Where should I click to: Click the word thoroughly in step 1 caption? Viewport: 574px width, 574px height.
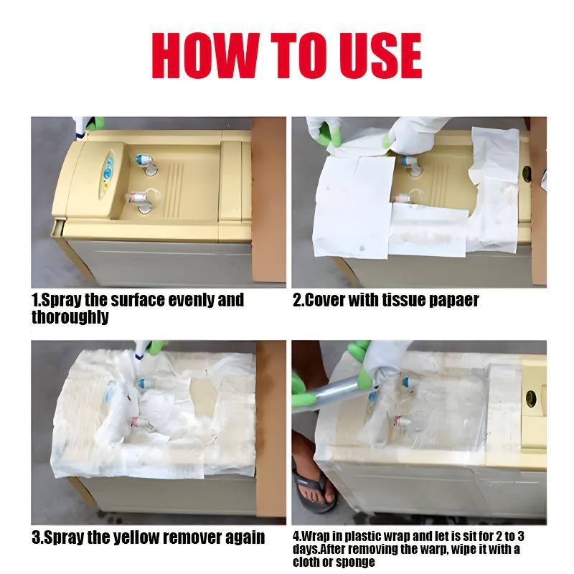70,316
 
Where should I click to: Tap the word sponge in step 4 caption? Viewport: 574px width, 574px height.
354,561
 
